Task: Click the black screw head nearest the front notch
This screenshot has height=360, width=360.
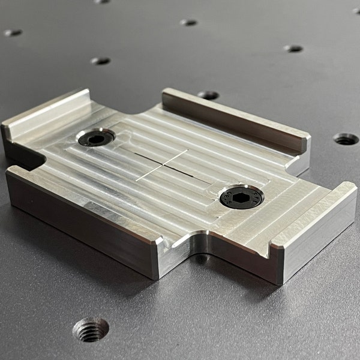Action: tap(241, 197)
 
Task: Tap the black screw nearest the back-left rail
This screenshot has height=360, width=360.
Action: tap(96, 138)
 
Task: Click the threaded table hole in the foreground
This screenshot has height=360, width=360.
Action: tap(91, 329)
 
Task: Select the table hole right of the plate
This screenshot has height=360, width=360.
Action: tap(346, 139)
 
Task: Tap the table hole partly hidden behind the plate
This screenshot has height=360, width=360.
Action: tap(208, 95)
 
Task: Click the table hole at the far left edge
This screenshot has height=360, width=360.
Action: tap(13, 32)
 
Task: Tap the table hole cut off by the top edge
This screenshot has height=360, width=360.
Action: tap(101, 1)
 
